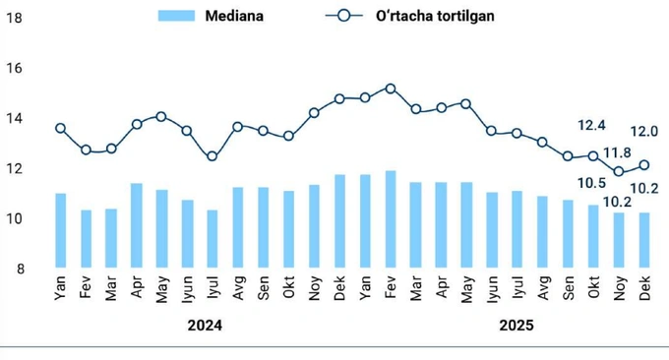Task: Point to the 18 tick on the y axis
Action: pos(14,18)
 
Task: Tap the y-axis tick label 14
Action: pos(14,119)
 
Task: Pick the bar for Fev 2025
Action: pos(391,219)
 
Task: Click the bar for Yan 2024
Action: pos(60,230)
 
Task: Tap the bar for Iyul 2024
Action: pos(213,239)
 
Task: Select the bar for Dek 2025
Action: pos(644,240)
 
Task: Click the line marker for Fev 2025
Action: pos(391,89)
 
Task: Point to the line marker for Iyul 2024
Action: pos(213,156)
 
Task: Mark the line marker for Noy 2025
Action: pos(619,171)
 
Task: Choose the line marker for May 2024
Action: pos(161,117)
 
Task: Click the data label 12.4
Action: pos(592,126)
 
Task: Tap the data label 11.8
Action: pos(617,152)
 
